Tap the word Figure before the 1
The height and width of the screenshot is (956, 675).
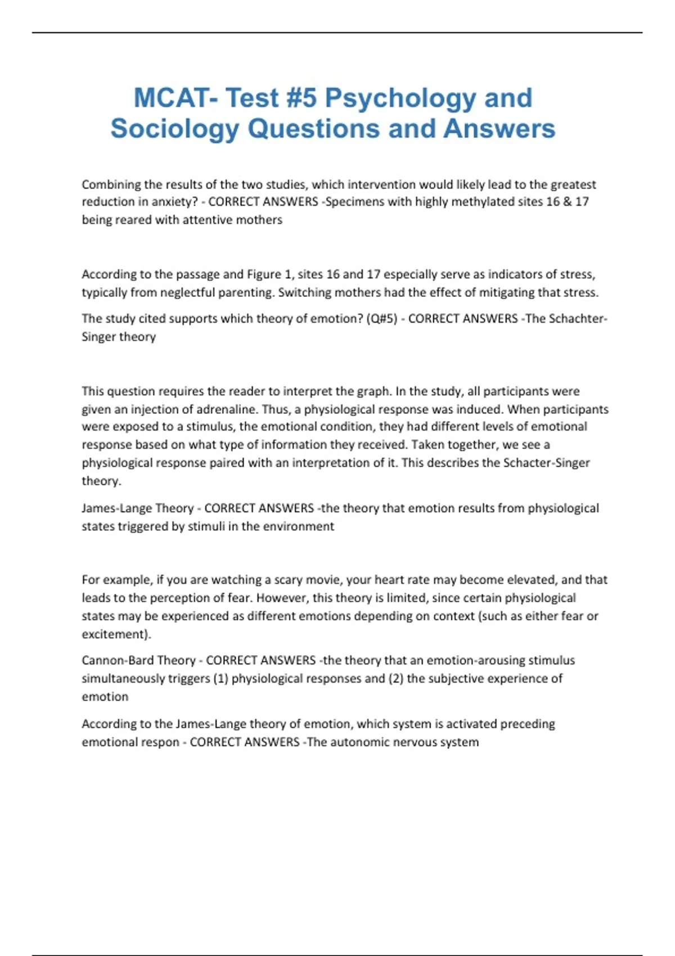[x=264, y=274]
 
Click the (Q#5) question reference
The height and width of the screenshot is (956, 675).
[x=381, y=318]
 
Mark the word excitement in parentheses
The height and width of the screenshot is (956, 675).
[x=115, y=634]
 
